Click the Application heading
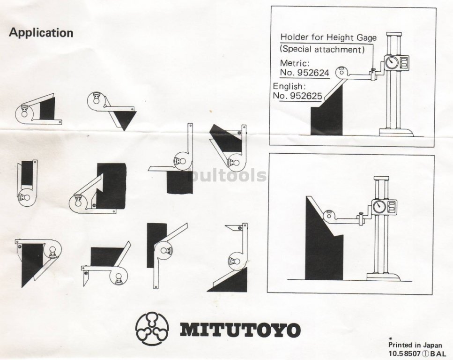pos(41,33)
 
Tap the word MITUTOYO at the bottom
pos(240,330)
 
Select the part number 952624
pos(313,73)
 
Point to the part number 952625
pos(305,96)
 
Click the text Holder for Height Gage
pos(328,37)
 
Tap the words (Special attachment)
pos(322,49)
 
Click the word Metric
pos(295,63)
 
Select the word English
pos(289,86)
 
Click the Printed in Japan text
pos(415,345)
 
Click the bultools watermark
pos(227,175)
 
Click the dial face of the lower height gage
pos(379,206)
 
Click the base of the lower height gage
pos(384,277)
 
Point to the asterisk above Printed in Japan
pos(391,338)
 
